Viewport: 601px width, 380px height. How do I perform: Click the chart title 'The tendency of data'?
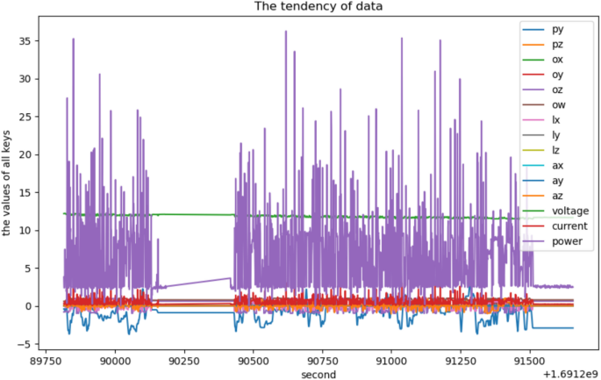(x=318, y=8)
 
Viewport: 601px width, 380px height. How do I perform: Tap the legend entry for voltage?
(x=566, y=211)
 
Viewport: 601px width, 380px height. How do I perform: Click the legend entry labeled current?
(x=565, y=226)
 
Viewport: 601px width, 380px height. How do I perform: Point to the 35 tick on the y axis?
(x=34, y=41)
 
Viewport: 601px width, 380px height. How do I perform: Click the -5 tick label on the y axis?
(x=34, y=344)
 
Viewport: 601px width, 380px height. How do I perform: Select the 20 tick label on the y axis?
(x=34, y=154)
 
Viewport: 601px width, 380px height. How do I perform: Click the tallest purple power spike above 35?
(x=285, y=32)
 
